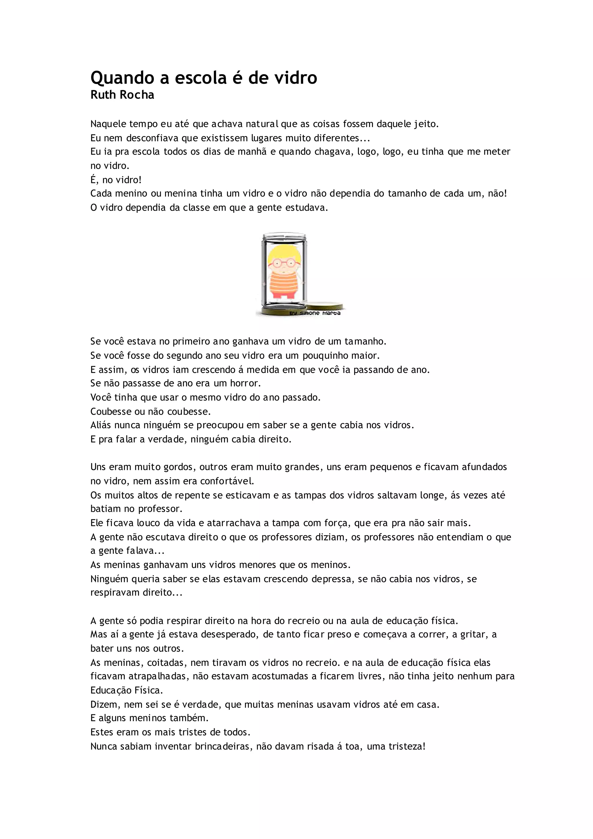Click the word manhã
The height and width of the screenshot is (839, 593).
[252, 152]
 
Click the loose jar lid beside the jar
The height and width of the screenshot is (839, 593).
[325, 306]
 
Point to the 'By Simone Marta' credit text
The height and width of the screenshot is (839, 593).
[315, 313]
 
